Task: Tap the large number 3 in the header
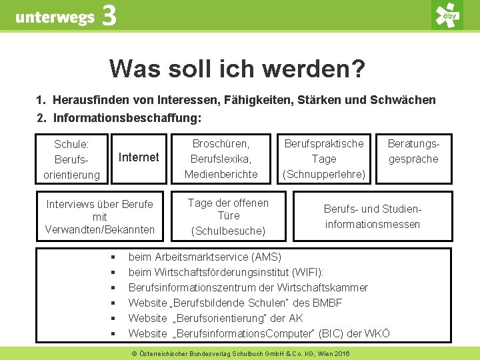pyautogui.click(x=109, y=16)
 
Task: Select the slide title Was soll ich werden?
pyautogui.click(x=237, y=68)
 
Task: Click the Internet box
pyautogui.click(x=138, y=157)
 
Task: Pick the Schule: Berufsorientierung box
pyautogui.click(x=71, y=159)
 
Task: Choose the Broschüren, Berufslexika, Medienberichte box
pyautogui.click(x=221, y=159)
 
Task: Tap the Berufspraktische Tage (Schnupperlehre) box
pyautogui.click(x=324, y=159)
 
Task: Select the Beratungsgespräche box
pyautogui.click(x=413, y=151)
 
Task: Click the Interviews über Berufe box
pyautogui.click(x=99, y=217)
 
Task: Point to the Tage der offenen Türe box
pyautogui.click(x=228, y=217)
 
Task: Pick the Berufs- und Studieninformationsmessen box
pyautogui.click(x=373, y=217)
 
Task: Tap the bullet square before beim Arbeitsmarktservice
pyautogui.click(x=114, y=257)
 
